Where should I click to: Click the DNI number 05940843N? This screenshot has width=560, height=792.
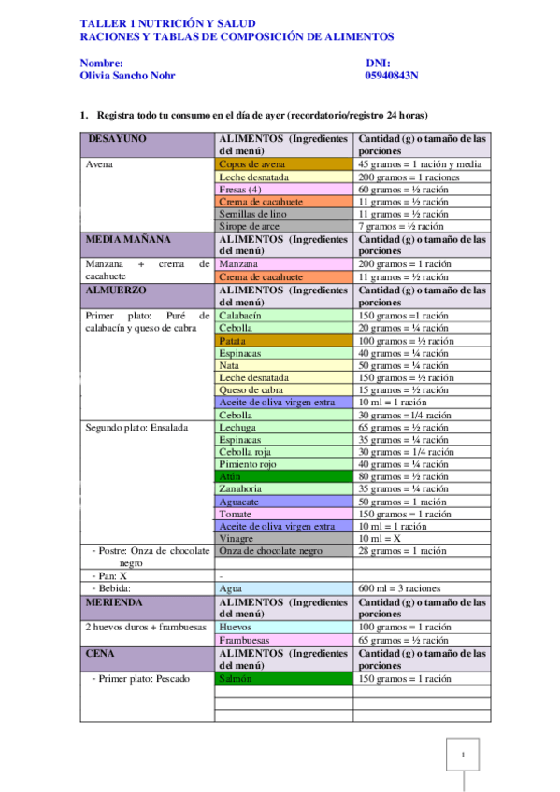[392, 76]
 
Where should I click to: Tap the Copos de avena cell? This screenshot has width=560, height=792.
[283, 163]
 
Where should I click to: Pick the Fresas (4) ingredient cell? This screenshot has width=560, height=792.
[283, 189]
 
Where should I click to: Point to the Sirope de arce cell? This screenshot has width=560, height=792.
[283, 226]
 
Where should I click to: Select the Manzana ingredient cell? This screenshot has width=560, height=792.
[283, 264]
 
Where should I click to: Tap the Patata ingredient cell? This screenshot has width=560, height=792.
[283, 341]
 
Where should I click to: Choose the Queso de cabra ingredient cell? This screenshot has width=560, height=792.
[283, 389]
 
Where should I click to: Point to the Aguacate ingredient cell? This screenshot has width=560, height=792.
[283, 502]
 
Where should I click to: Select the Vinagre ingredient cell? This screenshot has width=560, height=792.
[283, 539]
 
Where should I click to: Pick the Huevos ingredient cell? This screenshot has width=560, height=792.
[283, 628]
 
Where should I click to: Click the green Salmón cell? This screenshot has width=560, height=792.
[283, 679]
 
